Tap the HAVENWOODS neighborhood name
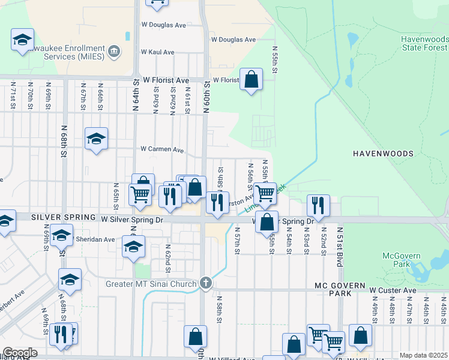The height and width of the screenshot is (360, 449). (382, 154)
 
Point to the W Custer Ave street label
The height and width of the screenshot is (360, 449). (393, 290)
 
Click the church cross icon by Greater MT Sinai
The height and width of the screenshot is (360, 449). (206, 283)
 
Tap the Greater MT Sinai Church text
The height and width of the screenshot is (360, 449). (151, 284)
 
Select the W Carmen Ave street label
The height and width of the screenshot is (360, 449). (162, 149)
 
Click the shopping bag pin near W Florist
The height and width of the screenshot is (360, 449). (251, 79)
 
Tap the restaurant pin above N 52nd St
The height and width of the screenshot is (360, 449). (318, 205)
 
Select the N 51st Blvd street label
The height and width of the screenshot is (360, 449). (340, 238)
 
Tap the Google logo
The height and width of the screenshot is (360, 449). (20, 352)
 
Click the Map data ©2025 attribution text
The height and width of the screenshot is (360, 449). (423, 355)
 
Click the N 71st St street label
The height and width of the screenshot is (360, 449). (11, 96)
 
